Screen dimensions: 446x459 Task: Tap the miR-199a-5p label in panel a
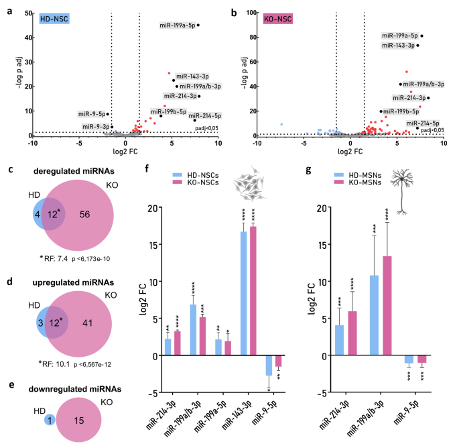(x=177, y=25)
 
